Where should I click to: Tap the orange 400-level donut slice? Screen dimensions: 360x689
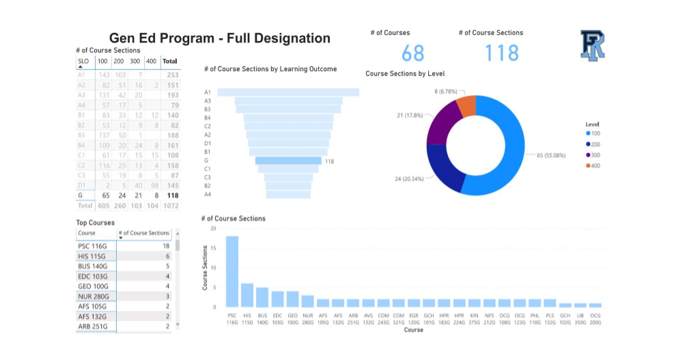(466, 106)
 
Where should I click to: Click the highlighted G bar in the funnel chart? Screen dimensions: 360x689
(288, 161)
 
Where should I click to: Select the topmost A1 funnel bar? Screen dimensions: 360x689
(288, 92)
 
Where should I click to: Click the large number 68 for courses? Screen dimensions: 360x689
(412, 53)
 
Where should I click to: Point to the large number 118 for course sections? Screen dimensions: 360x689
(502, 53)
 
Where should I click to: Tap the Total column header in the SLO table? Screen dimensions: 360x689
(169, 61)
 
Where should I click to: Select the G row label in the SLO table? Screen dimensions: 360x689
(81, 195)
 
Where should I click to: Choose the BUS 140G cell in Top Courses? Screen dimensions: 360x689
(94, 266)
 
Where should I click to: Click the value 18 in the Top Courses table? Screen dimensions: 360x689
(166, 245)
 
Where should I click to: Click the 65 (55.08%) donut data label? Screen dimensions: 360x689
(551, 155)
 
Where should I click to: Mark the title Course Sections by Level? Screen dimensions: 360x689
(405, 73)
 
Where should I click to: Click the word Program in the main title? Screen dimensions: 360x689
(190, 39)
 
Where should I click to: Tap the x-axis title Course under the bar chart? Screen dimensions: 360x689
(413, 330)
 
